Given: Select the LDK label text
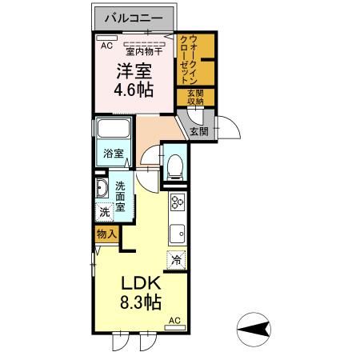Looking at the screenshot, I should point(142,285).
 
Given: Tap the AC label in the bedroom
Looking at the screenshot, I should point(105,46).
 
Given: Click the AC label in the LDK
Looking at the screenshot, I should point(175,322).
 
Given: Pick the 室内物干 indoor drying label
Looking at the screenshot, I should point(145,52).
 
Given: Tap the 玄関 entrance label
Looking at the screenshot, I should point(199,130).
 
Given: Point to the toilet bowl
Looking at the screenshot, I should point(174,164).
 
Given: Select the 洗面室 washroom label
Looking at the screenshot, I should point(120,197).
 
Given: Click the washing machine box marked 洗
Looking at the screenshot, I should point(104,214).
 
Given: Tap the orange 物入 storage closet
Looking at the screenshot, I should point(106,234).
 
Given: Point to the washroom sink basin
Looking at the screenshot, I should point(102,189).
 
